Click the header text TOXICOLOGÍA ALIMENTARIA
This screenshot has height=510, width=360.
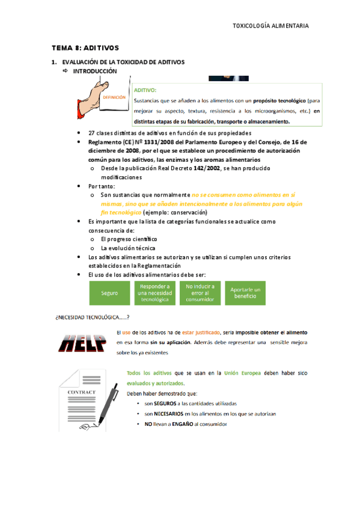(x=270, y=26)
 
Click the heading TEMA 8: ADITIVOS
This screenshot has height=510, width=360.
(x=85, y=47)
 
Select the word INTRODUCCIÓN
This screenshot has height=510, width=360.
(x=94, y=71)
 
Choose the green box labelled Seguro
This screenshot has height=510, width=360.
(x=109, y=293)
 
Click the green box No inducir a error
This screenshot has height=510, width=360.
(x=200, y=293)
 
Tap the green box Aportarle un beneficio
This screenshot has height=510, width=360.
(x=246, y=293)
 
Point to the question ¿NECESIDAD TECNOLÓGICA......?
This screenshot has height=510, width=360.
(x=93, y=317)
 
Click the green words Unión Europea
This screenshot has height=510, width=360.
(x=243, y=373)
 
